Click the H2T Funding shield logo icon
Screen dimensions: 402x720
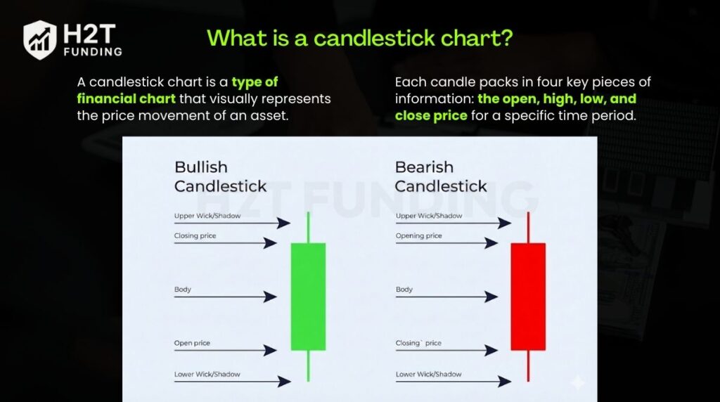[40, 39]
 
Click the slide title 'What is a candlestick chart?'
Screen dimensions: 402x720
[359, 38]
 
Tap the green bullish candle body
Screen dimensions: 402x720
[308, 296]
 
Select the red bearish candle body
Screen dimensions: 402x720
[528, 296]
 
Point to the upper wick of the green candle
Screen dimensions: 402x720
[308, 227]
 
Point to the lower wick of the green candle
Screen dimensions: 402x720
[308, 365]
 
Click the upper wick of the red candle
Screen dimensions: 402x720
[528, 227]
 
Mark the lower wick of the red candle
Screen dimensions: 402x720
[528, 365]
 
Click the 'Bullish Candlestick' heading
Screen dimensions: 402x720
[220, 176]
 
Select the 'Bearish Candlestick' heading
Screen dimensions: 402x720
[440, 176]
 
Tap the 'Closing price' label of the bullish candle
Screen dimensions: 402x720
[195, 236]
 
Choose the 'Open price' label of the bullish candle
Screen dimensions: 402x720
[192, 343]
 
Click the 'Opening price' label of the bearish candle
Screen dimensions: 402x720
[419, 236]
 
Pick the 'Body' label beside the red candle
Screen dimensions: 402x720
[404, 290]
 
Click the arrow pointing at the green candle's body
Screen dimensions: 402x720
[225, 297]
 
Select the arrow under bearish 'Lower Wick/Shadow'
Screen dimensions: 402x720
[454, 382]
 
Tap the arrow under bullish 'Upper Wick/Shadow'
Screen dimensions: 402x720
[232, 223]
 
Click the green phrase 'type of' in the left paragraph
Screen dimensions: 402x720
[255, 82]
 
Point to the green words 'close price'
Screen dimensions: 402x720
[431, 115]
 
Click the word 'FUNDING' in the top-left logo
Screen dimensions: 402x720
[92, 51]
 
